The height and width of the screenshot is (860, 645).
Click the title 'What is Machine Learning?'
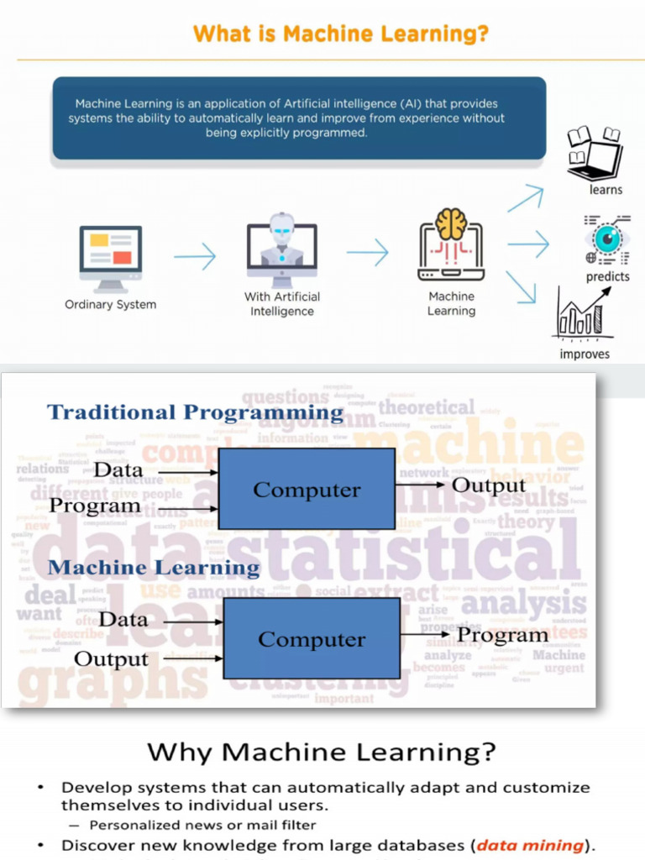pyautogui.click(x=340, y=34)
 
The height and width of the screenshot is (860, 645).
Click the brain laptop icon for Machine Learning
pyautogui.click(x=451, y=245)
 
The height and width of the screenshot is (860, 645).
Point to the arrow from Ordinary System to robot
pyautogui.click(x=195, y=256)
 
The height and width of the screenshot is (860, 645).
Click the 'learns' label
pyautogui.click(x=606, y=190)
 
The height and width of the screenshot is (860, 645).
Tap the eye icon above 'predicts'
pyautogui.click(x=606, y=239)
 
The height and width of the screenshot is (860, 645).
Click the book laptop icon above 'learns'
pyautogui.click(x=595, y=155)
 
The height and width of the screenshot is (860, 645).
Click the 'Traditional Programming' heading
pyautogui.click(x=195, y=412)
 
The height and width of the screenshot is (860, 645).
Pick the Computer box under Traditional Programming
pyautogui.click(x=307, y=489)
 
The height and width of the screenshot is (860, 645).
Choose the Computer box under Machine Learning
pyautogui.click(x=311, y=638)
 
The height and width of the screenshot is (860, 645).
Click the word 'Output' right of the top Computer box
pyautogui.click(x=489, y=485)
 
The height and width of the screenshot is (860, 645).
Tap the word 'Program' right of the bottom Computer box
pyautogui.click(x=502, y=635)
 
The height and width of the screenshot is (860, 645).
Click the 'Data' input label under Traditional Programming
pyautogui.click(x=118, y=470)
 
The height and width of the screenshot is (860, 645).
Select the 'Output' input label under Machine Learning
pyautogui.click(x=112, y=659)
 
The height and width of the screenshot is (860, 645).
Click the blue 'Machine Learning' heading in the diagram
pyautogui.click(x=154, y=568)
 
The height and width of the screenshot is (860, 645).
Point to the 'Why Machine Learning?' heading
pyautogui.click(x=322, y=752)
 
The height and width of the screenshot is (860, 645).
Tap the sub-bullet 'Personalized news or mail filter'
pyautogui.click(x=202, y=825)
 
